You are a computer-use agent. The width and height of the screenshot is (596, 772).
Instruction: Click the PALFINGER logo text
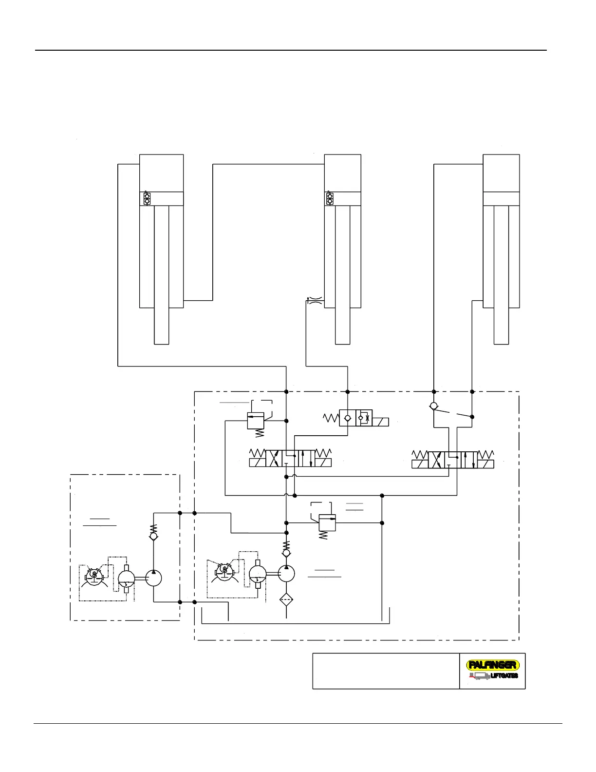pos(493,665)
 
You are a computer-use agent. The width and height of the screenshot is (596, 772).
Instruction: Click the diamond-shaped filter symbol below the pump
pos(286,599)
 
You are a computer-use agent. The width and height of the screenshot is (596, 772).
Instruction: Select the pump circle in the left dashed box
pos(153,578)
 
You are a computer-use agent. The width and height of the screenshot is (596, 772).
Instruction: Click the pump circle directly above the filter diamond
pos(286,574)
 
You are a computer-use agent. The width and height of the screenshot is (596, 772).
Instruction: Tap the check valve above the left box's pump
pos(153,536)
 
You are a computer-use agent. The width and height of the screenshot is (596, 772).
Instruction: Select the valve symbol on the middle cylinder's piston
pos(330,199)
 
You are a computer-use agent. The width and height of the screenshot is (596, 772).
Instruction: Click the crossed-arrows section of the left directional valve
pos(274,459)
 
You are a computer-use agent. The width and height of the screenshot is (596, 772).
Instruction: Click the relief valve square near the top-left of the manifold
pos(256,421)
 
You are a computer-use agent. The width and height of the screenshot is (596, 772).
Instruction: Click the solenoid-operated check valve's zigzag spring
pos(331,418)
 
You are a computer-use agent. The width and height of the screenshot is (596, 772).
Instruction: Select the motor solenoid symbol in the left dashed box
pos(94,576)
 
